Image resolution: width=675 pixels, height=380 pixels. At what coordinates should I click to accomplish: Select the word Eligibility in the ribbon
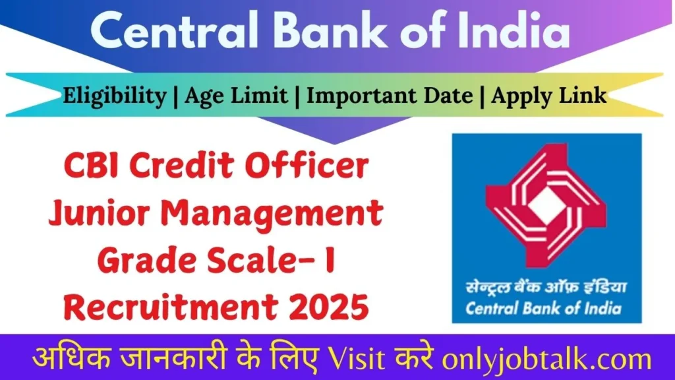pos(115,96)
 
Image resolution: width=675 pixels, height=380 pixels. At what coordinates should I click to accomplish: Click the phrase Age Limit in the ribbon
pos(236,96)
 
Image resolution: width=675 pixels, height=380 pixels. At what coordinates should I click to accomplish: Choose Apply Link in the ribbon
pos(549,96)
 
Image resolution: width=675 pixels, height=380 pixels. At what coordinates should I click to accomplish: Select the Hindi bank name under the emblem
pos(546,288)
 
